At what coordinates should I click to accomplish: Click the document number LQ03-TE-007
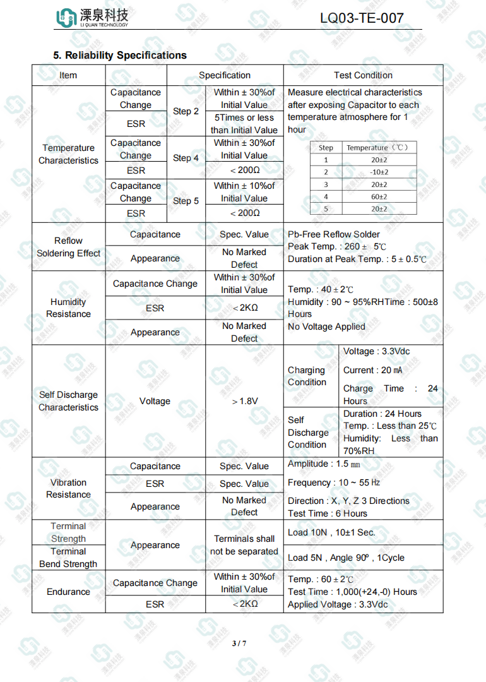pos(362,18)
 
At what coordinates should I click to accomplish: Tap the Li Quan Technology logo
pos(92,18)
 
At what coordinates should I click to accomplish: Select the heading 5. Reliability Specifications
pos(120,56)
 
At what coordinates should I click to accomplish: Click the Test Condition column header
pos(363,75)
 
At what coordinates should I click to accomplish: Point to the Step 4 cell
pos(186,158)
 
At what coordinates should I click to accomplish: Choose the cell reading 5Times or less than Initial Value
pos(244,124)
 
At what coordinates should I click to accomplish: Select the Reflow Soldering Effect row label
pos(68,247)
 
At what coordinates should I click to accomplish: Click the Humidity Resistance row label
pos(68,308)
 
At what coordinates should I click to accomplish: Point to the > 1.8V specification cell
pos(244,401)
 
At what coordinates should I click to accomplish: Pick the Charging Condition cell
pos(307,376)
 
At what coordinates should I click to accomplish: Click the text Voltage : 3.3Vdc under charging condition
pos(377,351)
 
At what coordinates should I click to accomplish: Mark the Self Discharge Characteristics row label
pos(68,401)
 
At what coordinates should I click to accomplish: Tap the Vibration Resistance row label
pos(68,489)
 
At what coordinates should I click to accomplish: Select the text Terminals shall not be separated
pos(244,545)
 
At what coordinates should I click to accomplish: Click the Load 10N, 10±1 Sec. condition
pos(331,532)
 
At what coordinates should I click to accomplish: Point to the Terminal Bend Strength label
pos(68,558)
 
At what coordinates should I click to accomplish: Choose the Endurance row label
pos(68,592)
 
